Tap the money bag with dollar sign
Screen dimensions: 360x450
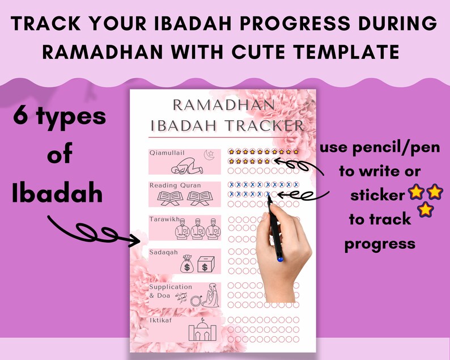tap(188, 264)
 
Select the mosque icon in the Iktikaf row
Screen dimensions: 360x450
tap(199, 331)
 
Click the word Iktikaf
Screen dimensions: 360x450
tap(160, 320)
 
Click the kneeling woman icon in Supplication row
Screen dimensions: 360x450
tap(212, 297)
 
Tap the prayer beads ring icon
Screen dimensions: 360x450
tap(196, 299)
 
